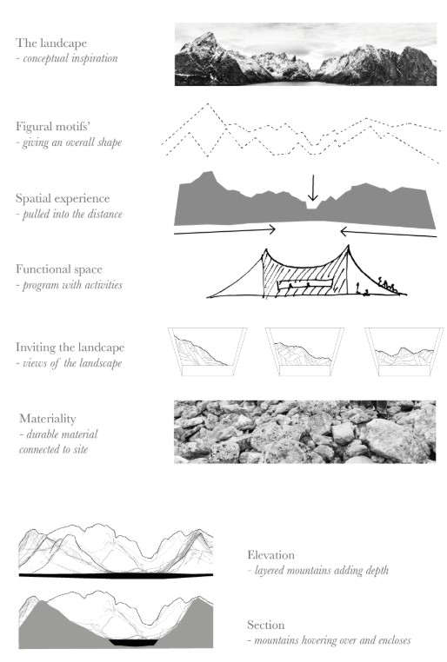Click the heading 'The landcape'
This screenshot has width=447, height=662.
[51, 43]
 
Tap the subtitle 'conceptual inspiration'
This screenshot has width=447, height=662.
[70, 58]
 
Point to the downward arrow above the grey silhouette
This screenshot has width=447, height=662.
[313, 188]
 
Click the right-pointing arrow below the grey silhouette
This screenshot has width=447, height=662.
[224, 231]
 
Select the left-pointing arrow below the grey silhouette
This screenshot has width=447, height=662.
[388, 233]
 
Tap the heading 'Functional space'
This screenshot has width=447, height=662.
[59, 269]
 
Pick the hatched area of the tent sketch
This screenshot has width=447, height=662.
[305, 275]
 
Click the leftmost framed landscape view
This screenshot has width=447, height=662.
[208, 352]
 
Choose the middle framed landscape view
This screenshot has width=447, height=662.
[304, 352]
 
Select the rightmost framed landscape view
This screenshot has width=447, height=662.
[404, 352]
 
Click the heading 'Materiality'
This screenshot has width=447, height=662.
[48, 419]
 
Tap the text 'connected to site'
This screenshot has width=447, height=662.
[54, 449]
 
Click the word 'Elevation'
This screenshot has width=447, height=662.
[270, 555]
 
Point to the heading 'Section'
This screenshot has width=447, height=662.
[266, 625]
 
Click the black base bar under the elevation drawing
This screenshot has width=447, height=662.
[117, 575]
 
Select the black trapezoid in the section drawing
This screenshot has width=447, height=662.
[134, 643]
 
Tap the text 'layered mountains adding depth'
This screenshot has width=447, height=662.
[322, 571]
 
